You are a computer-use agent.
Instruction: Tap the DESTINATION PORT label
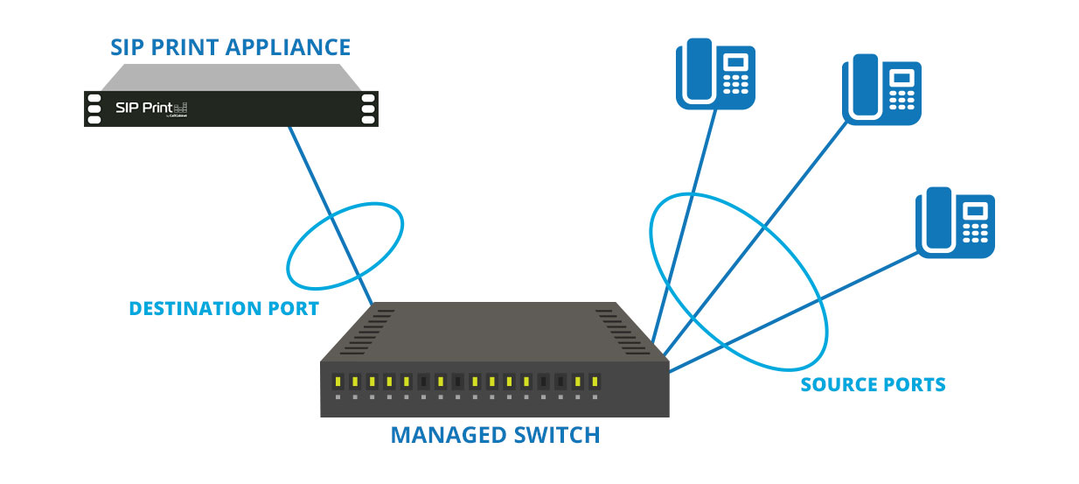pyautogui.click(x=223, y=308)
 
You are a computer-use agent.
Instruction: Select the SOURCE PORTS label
pyautogui.click(x=873, y=384)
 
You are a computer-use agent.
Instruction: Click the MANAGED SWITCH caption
pyautogui.click(x=495, y=434)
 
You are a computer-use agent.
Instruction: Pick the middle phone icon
pyautogui.click(x=880, y=89)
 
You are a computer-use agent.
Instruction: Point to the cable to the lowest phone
pyautogui.click(x=787, y=314)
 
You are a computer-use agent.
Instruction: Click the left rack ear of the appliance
pyautogui.click(x=93, y=109)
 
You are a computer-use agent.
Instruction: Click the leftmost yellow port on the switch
pyautogui.click(x=338, y=382)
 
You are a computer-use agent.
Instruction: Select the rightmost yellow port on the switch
pyautogui.click(x=594, y=382)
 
